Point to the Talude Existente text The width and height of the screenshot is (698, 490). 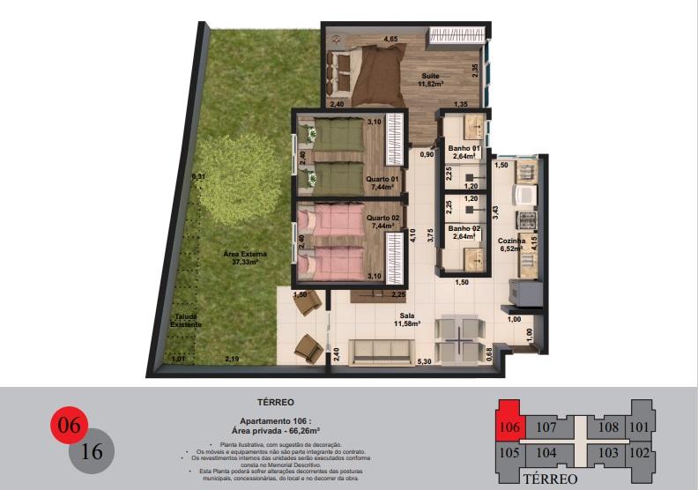[186, 321]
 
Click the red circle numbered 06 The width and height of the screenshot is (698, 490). [69, 426]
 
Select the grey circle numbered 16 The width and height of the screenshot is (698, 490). [91, 451]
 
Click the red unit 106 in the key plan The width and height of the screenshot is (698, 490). [509, 427]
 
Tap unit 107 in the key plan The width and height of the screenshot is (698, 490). [546, 427]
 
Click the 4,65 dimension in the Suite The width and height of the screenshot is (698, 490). [390, 39]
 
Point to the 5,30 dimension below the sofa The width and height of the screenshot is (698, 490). [424, 361]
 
